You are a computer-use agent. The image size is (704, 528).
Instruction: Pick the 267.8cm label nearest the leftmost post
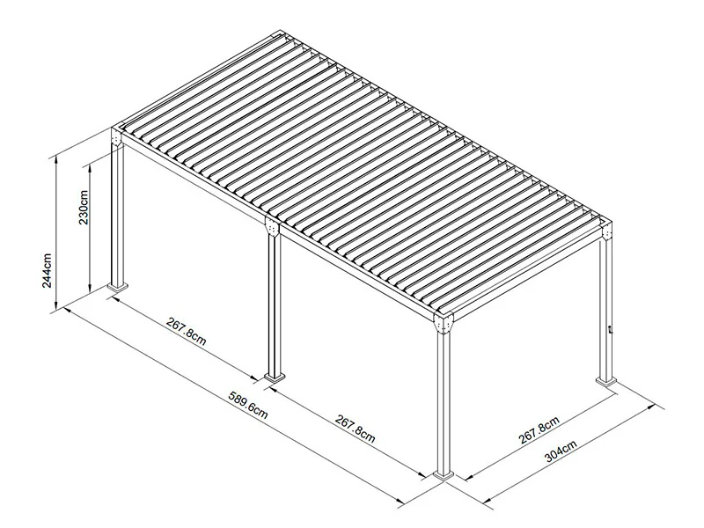pyautogui.click(x=186, y=332)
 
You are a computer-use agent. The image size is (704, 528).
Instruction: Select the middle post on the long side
pyautogui.click(x=272, y=304)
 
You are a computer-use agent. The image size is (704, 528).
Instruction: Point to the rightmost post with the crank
pyautogui.click(x=606, y=308)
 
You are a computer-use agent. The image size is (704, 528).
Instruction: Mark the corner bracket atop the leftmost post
pyautogui.click(x=115, y=141)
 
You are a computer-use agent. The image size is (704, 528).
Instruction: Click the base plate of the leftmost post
pyautogui.click(x=117, y=287)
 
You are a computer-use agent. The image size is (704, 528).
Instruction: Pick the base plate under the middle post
pyautogui.click(x=274, y=378)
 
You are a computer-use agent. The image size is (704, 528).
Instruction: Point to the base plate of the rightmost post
pyautogui.click(x=607, y=382)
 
